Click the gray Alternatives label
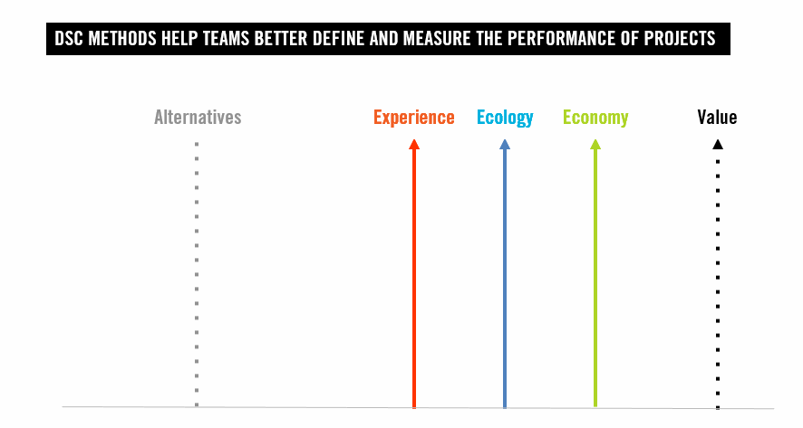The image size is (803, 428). point(198,118)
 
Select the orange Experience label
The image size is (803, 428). point(414,118)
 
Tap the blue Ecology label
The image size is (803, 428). point(505,118)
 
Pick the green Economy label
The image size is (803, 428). point(595,118)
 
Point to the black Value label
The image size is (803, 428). point(717,118)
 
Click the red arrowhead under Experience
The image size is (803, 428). point(414,144)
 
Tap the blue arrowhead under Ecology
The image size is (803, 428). point(505,144)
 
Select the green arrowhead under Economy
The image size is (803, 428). point(595,144)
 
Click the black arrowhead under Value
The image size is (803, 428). point(717,144)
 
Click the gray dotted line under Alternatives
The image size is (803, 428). point(196,271)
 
